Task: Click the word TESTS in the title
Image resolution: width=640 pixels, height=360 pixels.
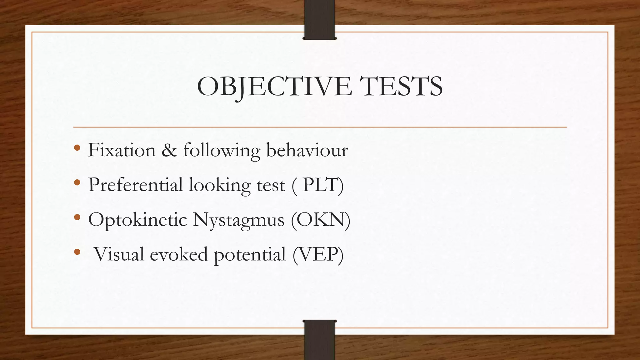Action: click(x=401, y=87)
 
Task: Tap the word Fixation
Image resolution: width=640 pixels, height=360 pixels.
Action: click(x=122, y=150)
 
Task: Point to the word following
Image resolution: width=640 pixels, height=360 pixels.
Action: click(x=222, y=151)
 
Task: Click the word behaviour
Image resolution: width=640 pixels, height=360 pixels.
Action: click(x=307, y=150)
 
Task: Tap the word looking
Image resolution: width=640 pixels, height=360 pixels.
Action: click(x=220, y=185)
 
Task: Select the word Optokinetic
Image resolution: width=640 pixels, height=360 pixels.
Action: click(x=137, y=220)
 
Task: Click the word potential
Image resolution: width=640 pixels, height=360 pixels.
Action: click(x=250, y=254)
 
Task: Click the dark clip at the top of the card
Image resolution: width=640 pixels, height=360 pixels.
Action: click(x=320, y=20)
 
